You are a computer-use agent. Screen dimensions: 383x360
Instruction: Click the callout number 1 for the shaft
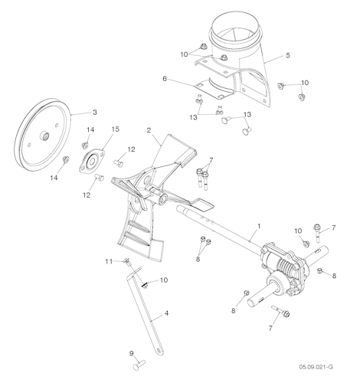pyautogui.click(x=260, y=226)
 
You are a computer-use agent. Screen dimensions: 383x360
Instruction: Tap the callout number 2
pyautogui.click(x=149, y=131)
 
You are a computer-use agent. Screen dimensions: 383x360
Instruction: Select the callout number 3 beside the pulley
pyautogui.click(x=94, y=113)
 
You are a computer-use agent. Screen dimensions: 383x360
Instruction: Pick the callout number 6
pyautogui.click(x=164, y=78)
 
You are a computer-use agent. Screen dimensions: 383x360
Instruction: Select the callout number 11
pyautogui.click(x=109, y=262)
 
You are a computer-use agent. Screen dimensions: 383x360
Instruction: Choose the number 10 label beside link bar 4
pyautogui.click(x=164, y=281)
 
